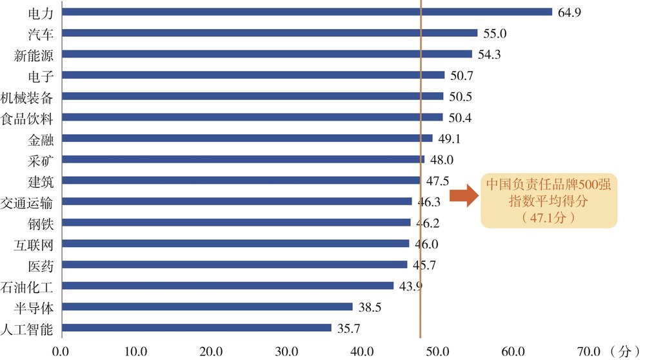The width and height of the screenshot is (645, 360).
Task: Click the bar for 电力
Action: pyautogui.click(x=307, y=12)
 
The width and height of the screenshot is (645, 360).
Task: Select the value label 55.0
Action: pyautogui.click(x=495, y=34)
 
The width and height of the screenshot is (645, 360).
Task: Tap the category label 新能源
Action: pyautogui.click(x=34, y=55)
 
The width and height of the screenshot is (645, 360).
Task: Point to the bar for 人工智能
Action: pyautogui.click(x=197, y=328)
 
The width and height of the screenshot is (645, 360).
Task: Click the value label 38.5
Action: pyautogui.click(x=370, y=307)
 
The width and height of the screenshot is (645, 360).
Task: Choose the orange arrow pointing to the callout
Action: pyautogui.click(x=464, y=195)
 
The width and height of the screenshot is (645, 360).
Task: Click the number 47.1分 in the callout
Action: pyautogui.click(x=548, y=217)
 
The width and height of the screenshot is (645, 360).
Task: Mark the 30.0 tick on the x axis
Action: pyautogui.click(x=287, y=352)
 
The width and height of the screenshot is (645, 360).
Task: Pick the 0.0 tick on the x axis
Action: pyautogui.click(x=61, y=352)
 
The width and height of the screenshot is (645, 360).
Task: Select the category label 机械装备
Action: pyautogui.click(x=26, y=97)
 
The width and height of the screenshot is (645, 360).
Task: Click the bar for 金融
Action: pyautogui.click(x=247, y=138)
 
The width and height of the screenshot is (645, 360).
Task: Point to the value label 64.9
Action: pyautogui.click(x=570, y=12)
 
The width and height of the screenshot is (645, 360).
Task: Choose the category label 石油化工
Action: pyautogui.click(x=26, y=287)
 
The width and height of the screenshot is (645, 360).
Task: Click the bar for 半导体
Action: pyautogui.click(x=207, y=307)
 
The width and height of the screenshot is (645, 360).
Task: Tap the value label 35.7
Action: pyautogui.click(x=348, y=328)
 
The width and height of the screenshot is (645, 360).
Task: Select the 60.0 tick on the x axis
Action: pyautogui.click(x=513, y=352)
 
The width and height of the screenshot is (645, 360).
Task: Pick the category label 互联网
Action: pyautogui.click(x=34, y=245)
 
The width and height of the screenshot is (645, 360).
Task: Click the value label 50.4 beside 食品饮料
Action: pyautogui.click(x=460, y=117)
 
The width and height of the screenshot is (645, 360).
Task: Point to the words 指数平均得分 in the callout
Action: pyautogui.click(x=548, y=201)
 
